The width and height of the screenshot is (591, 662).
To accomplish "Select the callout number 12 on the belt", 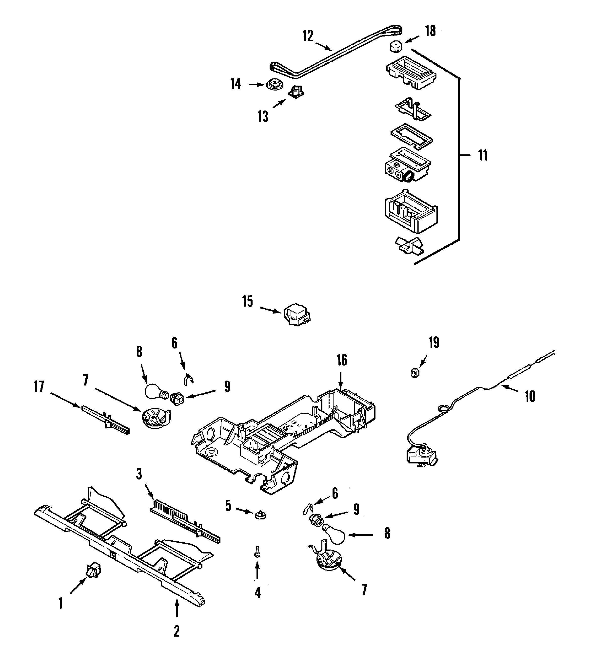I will [308, 36].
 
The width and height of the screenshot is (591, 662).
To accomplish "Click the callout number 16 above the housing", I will [342, 360].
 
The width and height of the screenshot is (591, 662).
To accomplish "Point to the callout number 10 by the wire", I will [530, 396].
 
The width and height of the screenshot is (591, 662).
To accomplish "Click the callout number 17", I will [39, 387].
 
